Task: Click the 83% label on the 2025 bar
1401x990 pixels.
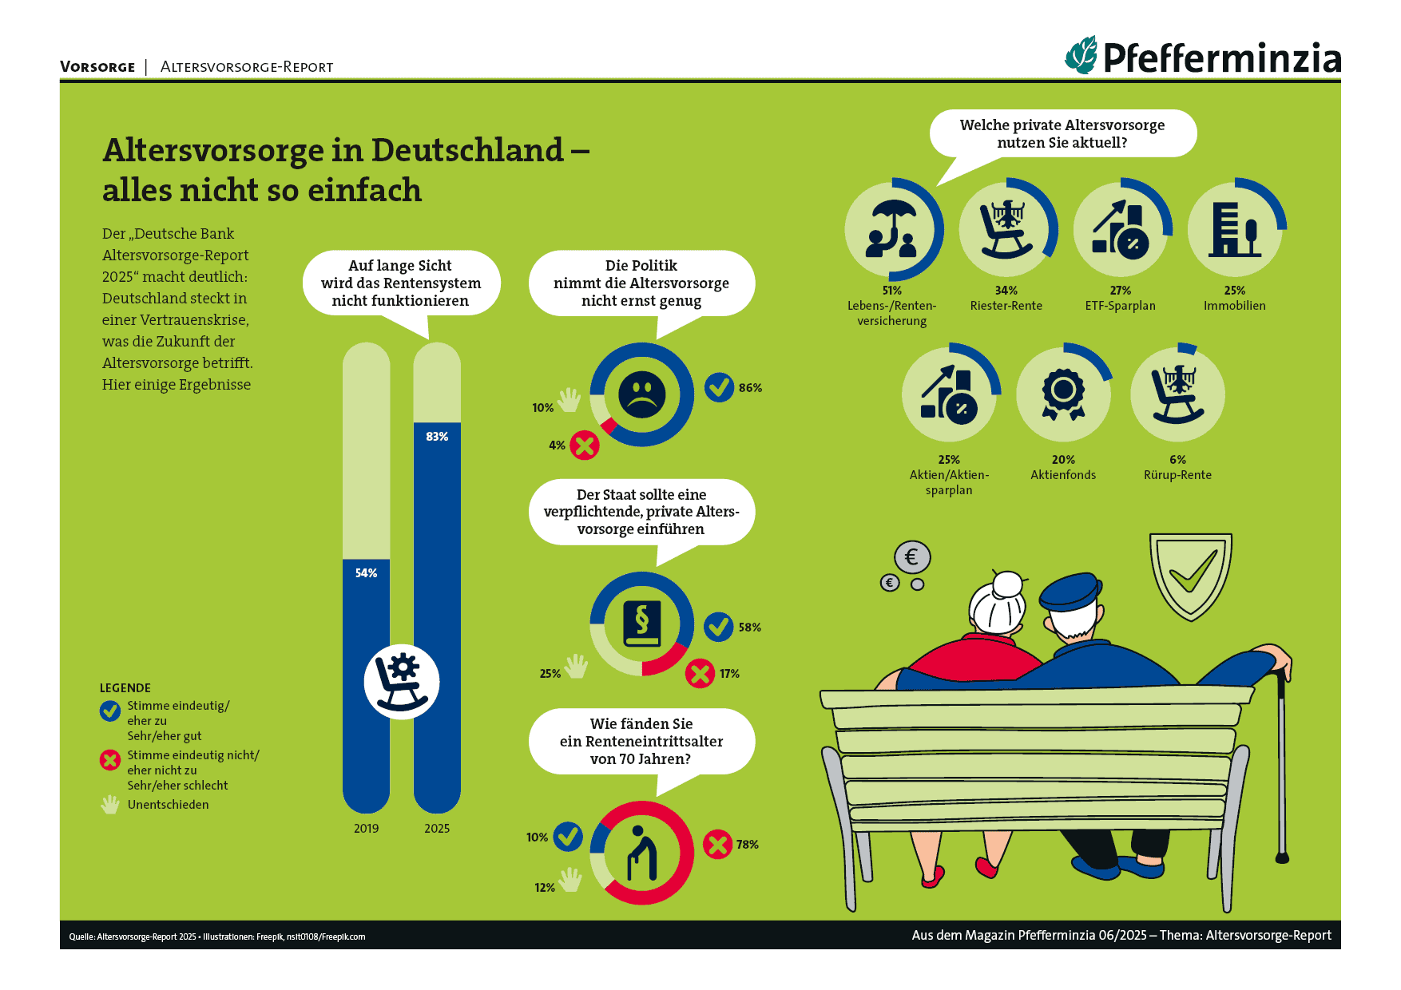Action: tap(437, 437)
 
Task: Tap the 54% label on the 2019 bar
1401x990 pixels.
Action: tap(366, 573)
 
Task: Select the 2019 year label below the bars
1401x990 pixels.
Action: tap(366, 829)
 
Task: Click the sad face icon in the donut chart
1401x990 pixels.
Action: tap(641, 394)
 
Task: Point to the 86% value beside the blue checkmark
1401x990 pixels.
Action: tap(750, 388)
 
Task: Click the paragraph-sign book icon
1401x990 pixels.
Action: tap(642, 624)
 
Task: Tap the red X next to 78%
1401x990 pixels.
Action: tap(717, 844)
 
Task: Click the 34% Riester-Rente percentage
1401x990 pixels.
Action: tap(1006, 291)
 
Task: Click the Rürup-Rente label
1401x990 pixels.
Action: tap(1177, 475)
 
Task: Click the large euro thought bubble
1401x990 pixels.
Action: tap(912, 556)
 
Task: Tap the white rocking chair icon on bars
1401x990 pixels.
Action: tap(402, 682)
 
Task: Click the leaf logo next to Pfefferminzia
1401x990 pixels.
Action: tap(1082, 56)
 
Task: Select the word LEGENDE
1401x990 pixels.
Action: tap(125, 688)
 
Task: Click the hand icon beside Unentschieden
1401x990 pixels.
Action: tap(110, 805)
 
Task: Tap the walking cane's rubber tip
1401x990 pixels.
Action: tap(1282, 858)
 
